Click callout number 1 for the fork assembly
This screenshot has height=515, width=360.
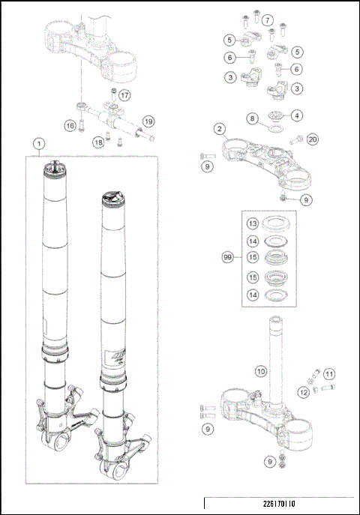(x=37, y=142)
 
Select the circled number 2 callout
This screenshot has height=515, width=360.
(x=219, y=129)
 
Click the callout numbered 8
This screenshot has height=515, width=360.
(x=253, y=118)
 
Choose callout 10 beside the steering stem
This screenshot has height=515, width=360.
(x=259, y=370)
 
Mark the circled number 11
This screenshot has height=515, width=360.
(x=329, y=373)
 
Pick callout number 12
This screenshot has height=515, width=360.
(x=303, y=391)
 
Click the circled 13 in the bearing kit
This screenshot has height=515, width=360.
(x=253, y=224)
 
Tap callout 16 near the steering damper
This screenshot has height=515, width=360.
(x=69, y=126)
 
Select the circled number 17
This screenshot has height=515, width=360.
(x=124, y=95)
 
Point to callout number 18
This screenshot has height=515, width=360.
(x=98, y=142)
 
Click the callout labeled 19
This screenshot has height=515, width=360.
(x=148, y=121)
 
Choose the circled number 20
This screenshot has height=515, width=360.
(x=313, y=139)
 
